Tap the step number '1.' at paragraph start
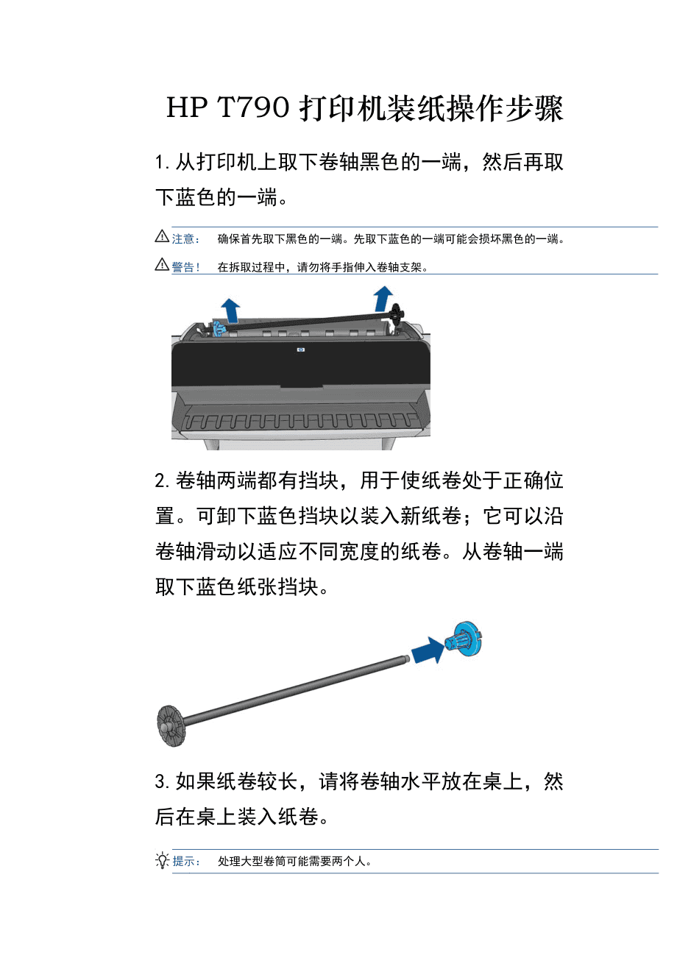163,163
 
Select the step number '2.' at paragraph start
163,482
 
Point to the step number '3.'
163,782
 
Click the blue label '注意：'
186,239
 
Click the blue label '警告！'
186,268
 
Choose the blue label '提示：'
187,862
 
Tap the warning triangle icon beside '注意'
162,237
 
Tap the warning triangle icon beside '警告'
162,266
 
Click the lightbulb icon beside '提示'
163,860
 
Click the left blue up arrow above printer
231,311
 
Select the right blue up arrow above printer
383,299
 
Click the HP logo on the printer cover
300,350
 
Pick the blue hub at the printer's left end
218,328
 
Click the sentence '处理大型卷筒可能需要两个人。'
294,862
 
